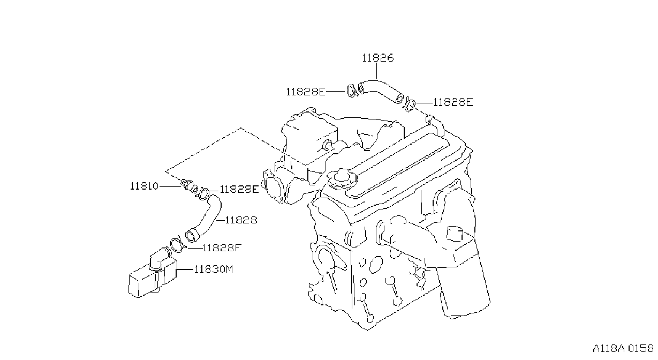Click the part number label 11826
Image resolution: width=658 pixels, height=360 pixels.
377,58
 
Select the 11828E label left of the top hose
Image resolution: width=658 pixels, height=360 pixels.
306,92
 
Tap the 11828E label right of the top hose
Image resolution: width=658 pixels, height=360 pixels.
453,102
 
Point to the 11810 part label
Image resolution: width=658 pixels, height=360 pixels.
144,186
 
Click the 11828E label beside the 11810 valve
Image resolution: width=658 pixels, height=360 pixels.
239,189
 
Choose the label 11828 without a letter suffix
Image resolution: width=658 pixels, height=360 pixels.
241,220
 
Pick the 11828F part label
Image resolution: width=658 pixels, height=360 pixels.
222,248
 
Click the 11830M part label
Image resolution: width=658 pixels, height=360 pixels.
214,269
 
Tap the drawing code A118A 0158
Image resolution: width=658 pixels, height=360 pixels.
623,349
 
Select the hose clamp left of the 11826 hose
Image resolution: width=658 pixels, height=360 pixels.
351,91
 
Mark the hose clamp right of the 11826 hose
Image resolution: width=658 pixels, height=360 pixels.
410,105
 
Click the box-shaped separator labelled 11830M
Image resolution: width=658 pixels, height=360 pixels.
153,275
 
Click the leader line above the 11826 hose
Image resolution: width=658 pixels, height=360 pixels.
376,71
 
